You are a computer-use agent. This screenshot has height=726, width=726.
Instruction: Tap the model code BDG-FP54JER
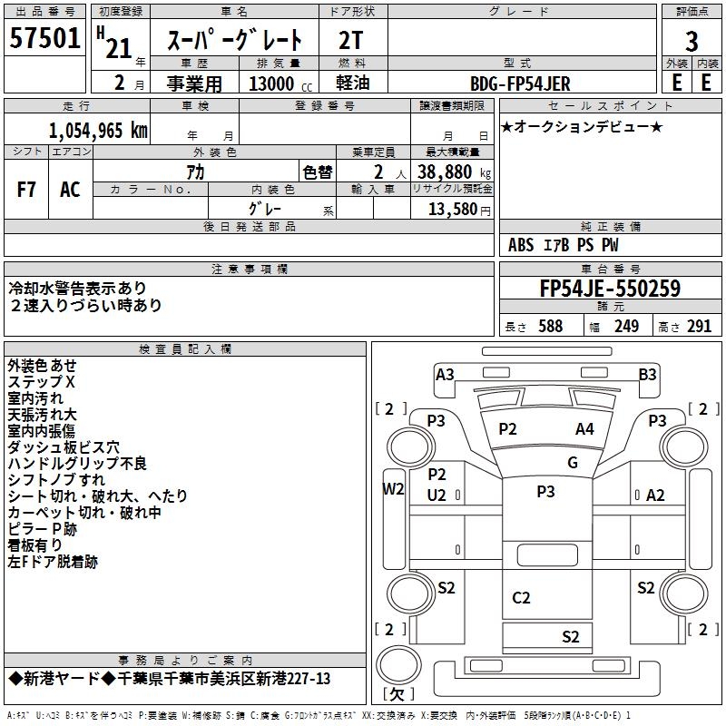[520, 83]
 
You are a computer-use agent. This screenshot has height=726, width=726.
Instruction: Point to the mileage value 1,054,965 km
[99, 129]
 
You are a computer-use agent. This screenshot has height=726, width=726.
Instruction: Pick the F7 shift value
[26, 190]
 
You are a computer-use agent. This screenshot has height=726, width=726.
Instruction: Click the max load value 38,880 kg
[453, 172]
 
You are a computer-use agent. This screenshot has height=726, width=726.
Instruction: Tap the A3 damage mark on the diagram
[445, 375]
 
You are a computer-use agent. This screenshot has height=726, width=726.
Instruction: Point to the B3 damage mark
[647, 374]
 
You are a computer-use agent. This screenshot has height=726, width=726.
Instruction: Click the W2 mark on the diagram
[392, 488]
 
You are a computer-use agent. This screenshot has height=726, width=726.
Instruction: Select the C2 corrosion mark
[521, 597]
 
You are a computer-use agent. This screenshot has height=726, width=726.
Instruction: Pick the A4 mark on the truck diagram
[584, 429]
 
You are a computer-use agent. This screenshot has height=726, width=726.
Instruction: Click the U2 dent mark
[437, 495]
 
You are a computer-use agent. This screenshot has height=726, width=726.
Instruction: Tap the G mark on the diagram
[573, 462]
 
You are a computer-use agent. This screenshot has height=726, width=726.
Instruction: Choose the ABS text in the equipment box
[521, 245]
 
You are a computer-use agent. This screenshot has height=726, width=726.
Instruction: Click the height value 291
[699, 327]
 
